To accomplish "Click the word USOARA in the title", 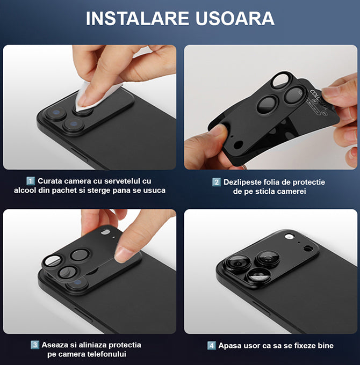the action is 235,18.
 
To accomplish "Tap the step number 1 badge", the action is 31,181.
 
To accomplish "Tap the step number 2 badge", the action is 216,182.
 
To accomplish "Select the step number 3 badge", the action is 35,345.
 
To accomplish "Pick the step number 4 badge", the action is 212,346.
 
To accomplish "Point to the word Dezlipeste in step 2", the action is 242,182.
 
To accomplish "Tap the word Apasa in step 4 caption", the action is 229,346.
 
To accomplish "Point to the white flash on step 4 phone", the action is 289,237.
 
